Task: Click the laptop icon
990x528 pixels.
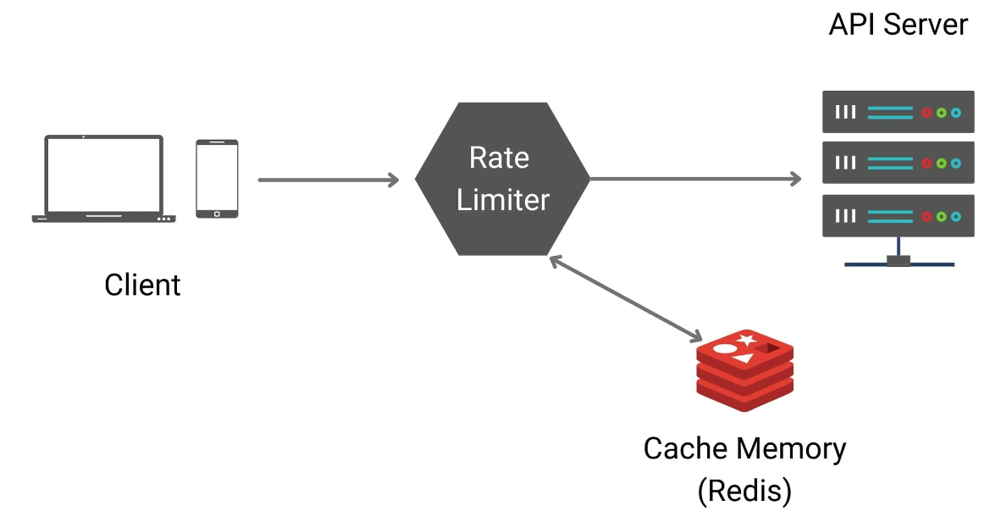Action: point(103,178)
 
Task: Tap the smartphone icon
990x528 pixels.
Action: point(217,179)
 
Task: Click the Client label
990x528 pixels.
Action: point(142,285)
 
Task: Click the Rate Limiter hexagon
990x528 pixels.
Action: point(502,179)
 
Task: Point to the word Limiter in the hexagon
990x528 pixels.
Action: point(503,200)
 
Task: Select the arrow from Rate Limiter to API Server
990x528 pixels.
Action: point(694,179)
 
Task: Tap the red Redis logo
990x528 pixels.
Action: point(744,370)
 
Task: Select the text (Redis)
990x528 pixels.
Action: point(744,490)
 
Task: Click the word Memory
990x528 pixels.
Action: point(789,448)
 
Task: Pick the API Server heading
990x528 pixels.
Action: point(898,25)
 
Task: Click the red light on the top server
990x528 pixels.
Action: point(927,112)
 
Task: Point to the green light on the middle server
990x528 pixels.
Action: point(941,164)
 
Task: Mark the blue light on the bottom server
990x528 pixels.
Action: point(955,216)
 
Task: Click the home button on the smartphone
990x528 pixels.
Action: point(217,212)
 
